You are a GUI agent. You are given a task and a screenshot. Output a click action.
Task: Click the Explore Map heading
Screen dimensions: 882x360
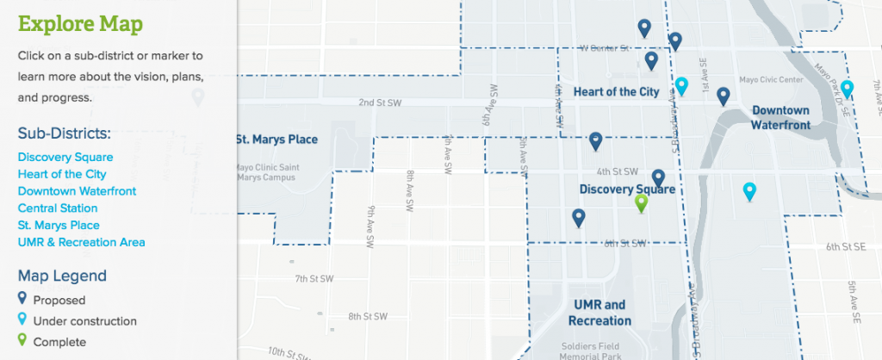81,22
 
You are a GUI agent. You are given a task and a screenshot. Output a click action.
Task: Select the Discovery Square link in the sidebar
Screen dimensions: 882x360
65,157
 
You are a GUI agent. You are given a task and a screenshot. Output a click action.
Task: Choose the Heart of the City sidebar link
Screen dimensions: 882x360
62,174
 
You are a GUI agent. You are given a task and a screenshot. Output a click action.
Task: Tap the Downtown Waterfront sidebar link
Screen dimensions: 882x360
77,191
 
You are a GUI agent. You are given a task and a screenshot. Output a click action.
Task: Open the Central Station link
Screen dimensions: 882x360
58,208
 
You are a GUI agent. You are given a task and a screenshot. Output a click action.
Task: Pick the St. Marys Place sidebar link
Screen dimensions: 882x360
59,226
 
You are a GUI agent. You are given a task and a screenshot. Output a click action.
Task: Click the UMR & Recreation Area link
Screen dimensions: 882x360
81,242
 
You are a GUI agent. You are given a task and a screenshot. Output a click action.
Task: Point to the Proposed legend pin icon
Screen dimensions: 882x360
22,300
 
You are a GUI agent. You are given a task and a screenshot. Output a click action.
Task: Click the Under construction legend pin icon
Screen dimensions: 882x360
22,320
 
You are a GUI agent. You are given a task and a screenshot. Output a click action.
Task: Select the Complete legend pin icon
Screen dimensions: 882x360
22,341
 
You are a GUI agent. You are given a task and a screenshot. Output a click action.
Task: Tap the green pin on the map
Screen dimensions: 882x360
641,202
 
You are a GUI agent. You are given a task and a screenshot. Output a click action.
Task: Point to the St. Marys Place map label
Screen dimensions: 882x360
276,140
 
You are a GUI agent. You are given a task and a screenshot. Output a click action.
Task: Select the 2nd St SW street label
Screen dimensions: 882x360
381,102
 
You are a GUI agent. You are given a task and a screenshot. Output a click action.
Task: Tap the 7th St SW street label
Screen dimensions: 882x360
314,279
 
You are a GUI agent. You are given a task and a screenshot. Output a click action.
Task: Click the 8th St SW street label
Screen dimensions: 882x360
367,316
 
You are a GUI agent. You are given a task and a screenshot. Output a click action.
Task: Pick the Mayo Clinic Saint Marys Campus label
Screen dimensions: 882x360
264,172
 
